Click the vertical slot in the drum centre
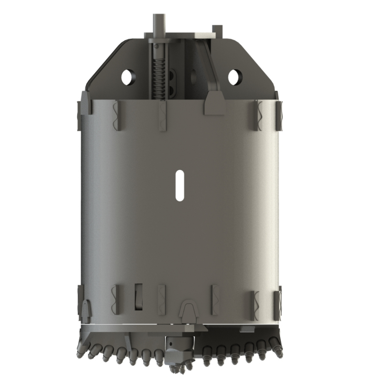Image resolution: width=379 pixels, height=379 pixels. coord(180,185)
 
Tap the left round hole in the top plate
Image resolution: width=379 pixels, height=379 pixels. coord(127,77)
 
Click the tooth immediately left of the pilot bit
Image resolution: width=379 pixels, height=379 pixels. coord(158,357)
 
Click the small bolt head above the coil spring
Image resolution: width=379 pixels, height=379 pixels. coord(157,46)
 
